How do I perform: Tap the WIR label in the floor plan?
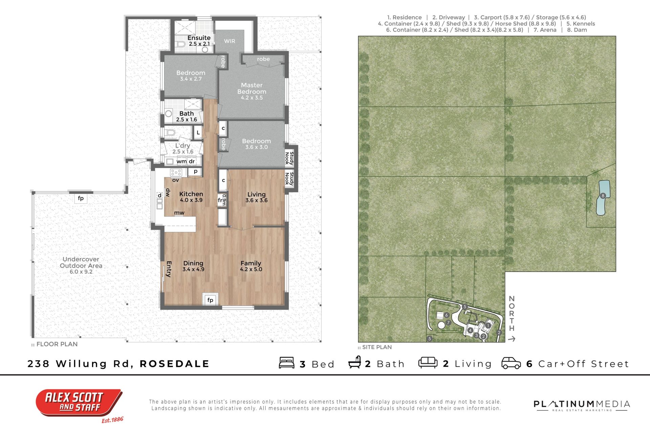230,41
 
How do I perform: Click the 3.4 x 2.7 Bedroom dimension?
191,79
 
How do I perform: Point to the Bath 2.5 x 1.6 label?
187,116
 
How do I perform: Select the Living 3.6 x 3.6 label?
257,197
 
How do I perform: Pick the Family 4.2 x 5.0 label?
251,266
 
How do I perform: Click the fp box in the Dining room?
211,300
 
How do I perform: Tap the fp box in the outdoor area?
81,198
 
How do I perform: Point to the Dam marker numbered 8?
603,196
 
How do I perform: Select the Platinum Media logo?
582,405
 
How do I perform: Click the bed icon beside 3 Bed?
287,363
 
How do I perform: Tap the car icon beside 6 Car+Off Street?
511,363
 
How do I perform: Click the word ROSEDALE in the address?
174,364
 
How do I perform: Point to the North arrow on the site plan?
512,338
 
